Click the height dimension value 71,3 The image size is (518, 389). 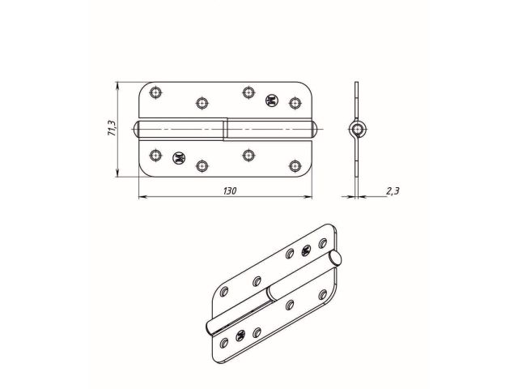click(x=112, y=130)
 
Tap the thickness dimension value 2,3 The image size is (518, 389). click(x=393, y=191)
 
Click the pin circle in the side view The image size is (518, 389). click(x=357, y=130)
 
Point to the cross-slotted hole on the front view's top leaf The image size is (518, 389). click(x=272, y=100)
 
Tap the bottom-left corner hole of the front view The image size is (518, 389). click(x=156, y=151)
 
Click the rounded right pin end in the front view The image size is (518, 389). click(x=314, y=130)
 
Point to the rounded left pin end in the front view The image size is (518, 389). click(x=139, y=130)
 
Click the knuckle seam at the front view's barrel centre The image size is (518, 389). click(x=225, y=130)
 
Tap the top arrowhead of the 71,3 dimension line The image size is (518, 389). click(x=118, y=84)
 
